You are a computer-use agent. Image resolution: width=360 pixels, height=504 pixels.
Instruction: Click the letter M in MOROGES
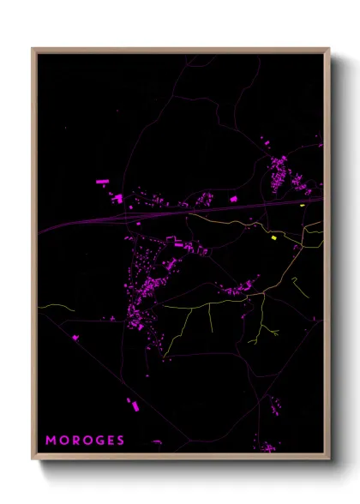click(x=50, y=440)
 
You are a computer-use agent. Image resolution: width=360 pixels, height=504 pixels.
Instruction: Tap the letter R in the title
click(x=75, y=440)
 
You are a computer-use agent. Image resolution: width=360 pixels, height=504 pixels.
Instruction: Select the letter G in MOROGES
click(x=99, y=440)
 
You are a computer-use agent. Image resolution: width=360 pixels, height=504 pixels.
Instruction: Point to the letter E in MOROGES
click(x=111, y=440)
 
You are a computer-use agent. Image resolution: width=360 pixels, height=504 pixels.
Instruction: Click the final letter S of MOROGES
click(x=122, y=440)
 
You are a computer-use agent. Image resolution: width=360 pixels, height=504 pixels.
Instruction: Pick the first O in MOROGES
click(x=63, y=440)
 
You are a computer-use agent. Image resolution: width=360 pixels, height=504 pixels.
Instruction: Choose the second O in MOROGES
click(x=87, y=440)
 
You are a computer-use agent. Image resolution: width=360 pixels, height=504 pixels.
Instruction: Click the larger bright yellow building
click(x=274, y=237)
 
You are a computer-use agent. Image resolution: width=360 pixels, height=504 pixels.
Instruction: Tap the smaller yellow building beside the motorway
click(x=303, y=206)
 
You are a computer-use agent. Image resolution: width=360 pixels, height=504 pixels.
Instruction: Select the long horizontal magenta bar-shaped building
click(x=102, y=182)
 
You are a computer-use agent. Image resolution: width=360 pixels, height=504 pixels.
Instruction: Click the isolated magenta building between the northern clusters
click(x=233, y=199)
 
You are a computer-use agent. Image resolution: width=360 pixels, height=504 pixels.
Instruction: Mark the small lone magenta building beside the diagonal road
click(x=75, y=338)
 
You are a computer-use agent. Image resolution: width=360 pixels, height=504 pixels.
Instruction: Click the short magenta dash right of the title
click(x=156, y=441)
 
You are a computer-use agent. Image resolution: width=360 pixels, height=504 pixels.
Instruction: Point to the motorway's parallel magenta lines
click(x=86, y=225)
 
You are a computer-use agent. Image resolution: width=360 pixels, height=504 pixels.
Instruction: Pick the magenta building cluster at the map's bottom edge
click(x=267, y=447)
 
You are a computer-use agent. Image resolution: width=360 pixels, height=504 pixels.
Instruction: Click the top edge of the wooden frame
click(x=180, y=50)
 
